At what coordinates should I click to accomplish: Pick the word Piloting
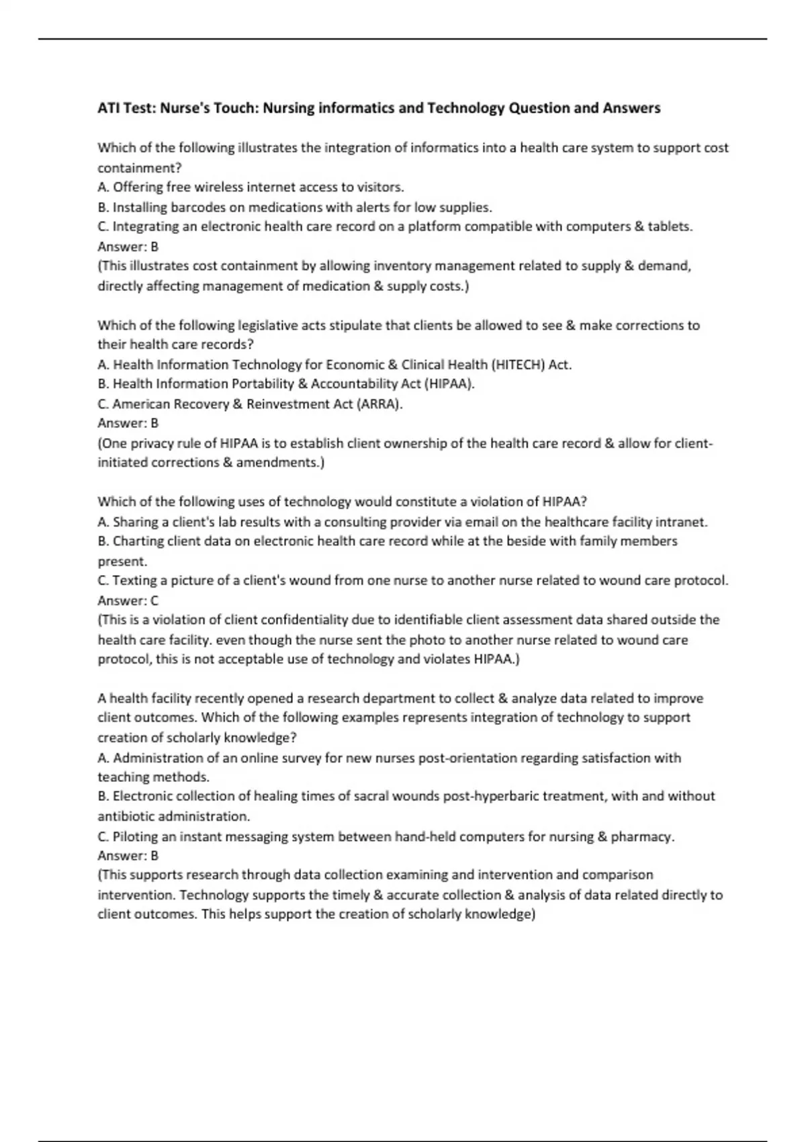[x=137, y=837]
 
